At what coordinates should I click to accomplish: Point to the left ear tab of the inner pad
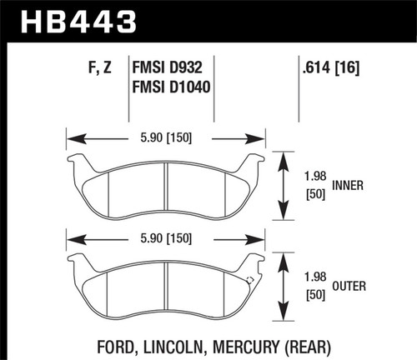tap(75, 162)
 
